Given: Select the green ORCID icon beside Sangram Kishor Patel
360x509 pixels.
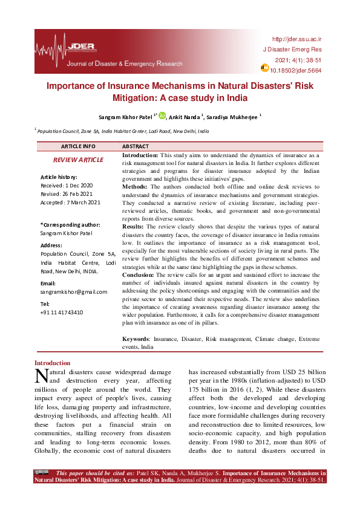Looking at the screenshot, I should (x=162, y=115).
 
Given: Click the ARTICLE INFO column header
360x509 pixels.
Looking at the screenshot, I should (x=78, y=146).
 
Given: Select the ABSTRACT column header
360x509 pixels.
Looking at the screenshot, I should (x=136, y=146).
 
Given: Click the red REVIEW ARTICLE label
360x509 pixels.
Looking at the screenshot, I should (x=78, y=160).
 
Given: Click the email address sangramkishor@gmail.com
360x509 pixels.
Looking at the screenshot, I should (x=74, y=291).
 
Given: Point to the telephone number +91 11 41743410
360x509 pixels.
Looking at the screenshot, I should (x=62, y=312).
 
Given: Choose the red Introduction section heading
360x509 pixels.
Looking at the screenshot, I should (x=52, y=363).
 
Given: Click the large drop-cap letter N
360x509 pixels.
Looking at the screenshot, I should (x=41, y=376).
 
